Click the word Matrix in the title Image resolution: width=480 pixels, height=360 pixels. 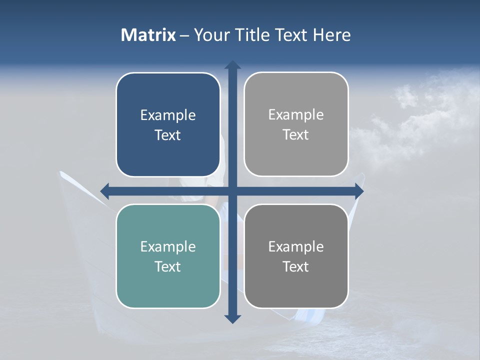(148, 35)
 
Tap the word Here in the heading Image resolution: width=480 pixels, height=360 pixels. (331, 35)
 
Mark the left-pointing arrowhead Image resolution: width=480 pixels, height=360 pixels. (105, 190)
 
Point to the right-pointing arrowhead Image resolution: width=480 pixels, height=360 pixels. (359, 190)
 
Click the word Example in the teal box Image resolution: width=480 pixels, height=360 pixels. (168, 246)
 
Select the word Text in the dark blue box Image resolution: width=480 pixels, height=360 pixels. (168, 135)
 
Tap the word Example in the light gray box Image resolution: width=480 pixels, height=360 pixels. (296, 114)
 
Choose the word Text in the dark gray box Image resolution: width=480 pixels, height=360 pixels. (296, 266)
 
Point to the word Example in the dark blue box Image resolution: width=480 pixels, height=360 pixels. (168, 115)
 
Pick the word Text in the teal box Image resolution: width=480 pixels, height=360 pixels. (168, 266)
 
